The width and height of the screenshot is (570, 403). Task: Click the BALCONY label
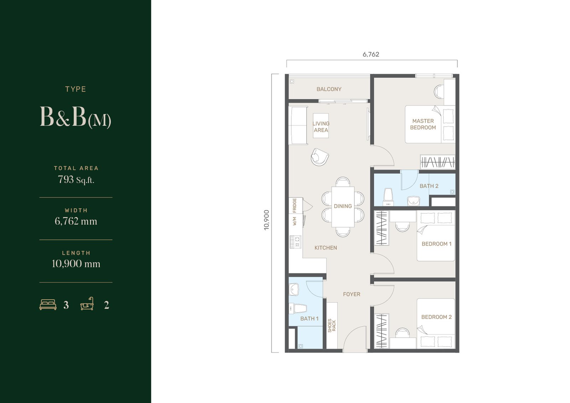(329, 89)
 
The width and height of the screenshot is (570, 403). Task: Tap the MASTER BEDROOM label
(423, 124)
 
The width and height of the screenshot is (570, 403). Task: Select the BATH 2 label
(429, 186)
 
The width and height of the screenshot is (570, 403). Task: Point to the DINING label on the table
(343, 206)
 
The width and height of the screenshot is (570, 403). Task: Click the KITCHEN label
(326, 248)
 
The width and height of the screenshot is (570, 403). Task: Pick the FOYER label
(351, 294)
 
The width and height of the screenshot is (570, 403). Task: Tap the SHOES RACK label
(332, 326)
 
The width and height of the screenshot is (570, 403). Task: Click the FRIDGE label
(294, 206)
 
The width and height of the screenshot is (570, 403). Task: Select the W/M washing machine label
(295, 221)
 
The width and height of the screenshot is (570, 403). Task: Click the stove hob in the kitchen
(295, 242)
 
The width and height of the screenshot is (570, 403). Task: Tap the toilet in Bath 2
(388, 197)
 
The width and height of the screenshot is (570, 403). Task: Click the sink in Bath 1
(294, 290)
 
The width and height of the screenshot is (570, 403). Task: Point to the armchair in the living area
(320, 157)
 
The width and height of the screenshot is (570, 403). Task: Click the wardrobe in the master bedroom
(437, 162)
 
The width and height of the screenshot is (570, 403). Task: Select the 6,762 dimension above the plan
(371, 55)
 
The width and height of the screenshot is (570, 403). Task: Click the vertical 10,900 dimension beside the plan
(266, 220)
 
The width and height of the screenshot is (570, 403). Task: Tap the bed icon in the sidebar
(48, 305)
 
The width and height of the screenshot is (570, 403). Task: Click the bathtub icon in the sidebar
(87, 304)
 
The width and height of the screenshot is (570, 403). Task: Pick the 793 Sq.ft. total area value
(76, 180)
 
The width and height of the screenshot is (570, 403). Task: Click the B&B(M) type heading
(76, 117)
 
